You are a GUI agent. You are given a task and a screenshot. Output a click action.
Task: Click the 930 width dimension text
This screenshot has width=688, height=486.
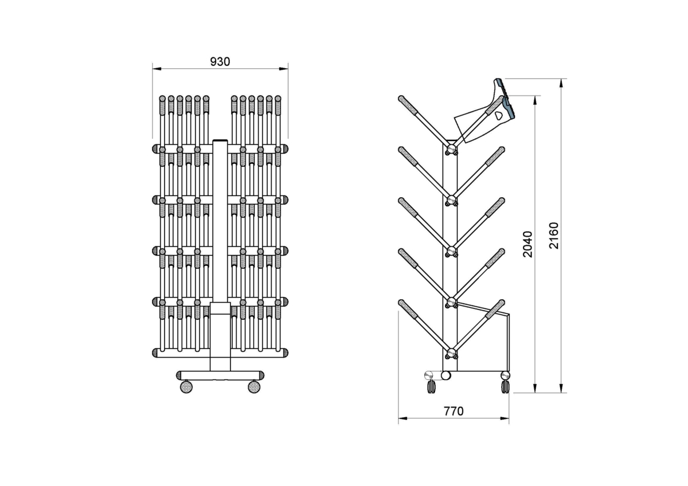point(220,62)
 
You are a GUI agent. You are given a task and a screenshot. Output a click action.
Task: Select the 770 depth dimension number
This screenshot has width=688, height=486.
point(454,411)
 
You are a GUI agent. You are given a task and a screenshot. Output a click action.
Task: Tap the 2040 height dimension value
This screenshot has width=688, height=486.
point(527,244)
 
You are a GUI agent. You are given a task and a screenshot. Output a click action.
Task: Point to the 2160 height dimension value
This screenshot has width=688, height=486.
point(554,236)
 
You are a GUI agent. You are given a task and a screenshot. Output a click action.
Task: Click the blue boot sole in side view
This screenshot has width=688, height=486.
point(505,98)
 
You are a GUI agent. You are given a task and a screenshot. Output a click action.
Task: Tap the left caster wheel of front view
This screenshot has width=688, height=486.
point(186,387)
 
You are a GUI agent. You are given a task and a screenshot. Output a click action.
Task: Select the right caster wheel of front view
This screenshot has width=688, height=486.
point(254,387)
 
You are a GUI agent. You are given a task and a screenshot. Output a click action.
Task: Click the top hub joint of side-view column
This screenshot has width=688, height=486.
point(451,149)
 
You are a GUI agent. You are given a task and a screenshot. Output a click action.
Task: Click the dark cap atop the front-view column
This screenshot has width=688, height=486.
point(220,140)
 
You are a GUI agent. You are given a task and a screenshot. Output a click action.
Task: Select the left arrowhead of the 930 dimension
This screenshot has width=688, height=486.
point(157,69)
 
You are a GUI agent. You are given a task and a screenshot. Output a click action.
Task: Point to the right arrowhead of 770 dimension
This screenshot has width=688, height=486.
point(505,418)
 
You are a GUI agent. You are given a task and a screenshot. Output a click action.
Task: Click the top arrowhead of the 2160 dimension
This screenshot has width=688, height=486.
point(561,83)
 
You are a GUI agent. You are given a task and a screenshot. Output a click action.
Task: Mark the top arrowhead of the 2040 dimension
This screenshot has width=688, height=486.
point(535,100)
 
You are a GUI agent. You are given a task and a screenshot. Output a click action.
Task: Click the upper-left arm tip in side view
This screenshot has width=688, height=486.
point(401,98)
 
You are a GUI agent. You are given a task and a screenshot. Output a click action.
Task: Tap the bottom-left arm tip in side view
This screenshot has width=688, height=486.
point(401,303)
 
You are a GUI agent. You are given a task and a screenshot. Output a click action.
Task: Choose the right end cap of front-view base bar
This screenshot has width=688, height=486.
point(261,375)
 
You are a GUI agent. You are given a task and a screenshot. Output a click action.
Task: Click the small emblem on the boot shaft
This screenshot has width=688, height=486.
point(498,116)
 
